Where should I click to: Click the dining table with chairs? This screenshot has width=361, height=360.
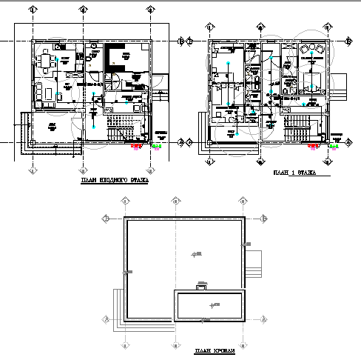[x=47, y=59]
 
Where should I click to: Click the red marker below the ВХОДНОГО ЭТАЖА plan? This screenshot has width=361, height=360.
[x=136, y=147]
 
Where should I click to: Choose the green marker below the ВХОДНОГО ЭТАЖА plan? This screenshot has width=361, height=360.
[x=156, y=147]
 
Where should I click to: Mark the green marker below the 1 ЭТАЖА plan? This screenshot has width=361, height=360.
[x=334, y=146]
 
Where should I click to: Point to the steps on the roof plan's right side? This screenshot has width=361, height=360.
[x=253, y=262]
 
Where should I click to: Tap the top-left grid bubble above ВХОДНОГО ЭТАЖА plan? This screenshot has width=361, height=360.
[x=33, y=10]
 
